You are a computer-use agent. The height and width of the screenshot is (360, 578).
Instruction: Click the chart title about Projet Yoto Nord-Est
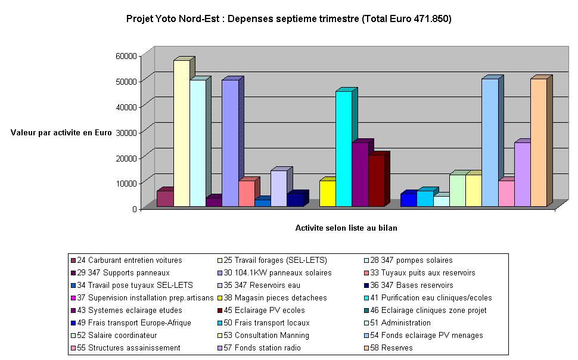(x=288, y=18)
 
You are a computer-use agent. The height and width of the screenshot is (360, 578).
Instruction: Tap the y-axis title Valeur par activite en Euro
(x=61, y=132)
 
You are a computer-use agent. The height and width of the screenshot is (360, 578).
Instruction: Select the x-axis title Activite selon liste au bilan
(x=346, y=228)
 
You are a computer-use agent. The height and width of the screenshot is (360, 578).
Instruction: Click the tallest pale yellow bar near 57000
(x=181, y=134)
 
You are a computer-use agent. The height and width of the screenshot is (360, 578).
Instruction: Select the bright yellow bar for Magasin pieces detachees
(x=328, y=193)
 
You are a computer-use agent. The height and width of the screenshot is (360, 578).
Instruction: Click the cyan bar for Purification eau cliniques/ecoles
(x=344, y=149)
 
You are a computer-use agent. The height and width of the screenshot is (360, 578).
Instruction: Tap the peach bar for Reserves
(x=538, y=143)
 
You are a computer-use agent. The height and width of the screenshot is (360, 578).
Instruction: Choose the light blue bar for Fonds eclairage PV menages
(x=490, y=143)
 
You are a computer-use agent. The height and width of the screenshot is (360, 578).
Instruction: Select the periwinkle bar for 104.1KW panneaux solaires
(x=230, y=143)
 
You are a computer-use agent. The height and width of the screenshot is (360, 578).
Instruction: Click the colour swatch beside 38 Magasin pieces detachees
(x=220, y=298)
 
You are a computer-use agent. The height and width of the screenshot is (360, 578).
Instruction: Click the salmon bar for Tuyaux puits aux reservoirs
(x=246, y=193)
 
